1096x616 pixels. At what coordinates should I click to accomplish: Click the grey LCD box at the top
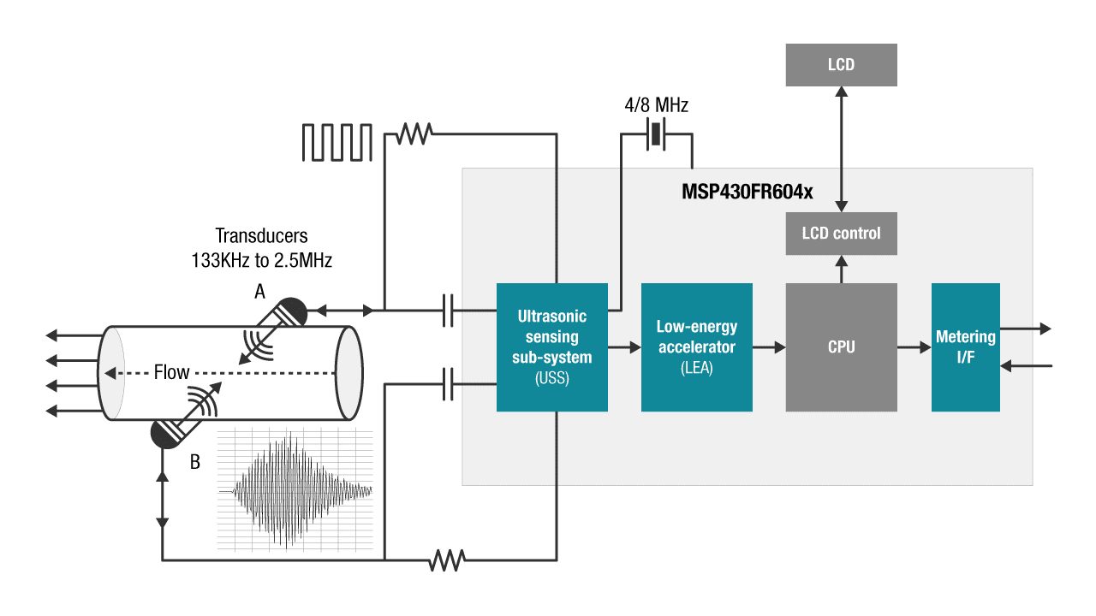coord(841,65)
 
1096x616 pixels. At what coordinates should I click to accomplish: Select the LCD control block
coord(841,233)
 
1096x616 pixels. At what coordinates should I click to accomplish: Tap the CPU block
coord(841,347)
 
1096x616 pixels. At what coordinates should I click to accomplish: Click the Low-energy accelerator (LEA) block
coord(696,347)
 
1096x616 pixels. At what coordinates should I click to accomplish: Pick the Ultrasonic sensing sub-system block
coord(551,347)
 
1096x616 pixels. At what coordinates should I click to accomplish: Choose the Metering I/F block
coord(965,347)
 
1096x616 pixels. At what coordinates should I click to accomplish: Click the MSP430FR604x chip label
coord(746,192)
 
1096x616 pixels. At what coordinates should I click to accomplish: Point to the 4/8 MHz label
coord(656,106)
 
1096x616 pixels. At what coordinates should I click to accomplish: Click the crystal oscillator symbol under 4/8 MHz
coord(656,133)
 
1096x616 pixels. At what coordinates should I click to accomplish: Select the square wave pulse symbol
coord(337,142)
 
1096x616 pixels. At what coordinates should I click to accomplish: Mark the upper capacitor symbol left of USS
coord(448,310)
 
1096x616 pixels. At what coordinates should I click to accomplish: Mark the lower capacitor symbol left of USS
coord(448,383)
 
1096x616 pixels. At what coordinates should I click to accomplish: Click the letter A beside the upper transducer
coord(259,292)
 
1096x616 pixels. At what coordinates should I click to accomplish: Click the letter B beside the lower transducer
coord(195,462)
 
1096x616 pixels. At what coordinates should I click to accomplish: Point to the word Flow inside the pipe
coord(171,373)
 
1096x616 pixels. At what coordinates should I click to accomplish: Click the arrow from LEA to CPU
coord(769,347)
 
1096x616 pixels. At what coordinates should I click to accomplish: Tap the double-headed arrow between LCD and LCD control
coord(842,149)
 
